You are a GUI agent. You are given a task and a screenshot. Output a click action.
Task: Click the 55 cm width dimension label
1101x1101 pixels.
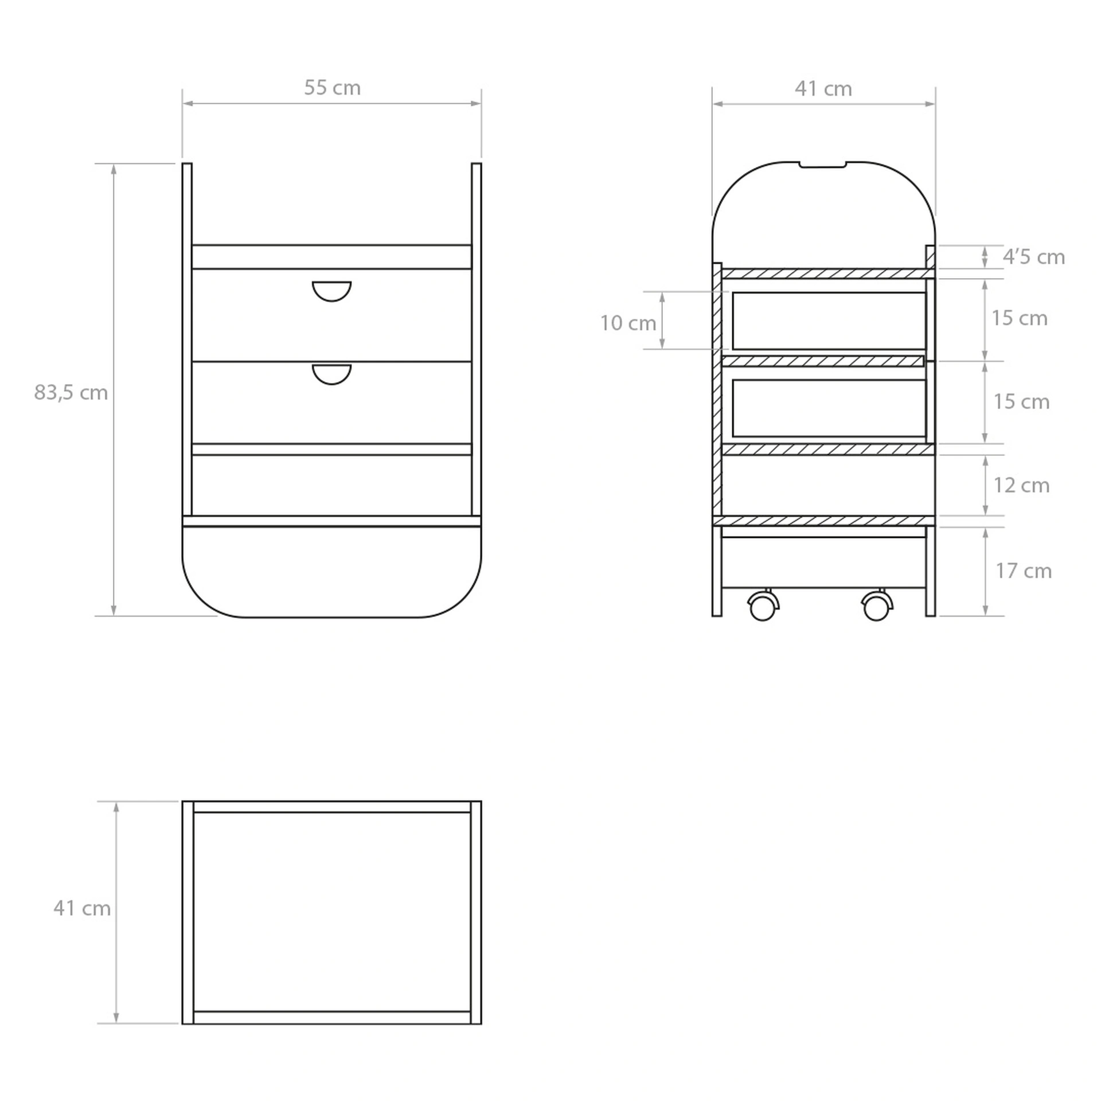click(x=332, y=88)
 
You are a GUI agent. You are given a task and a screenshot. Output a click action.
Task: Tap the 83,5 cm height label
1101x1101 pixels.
click(x=71, y=393)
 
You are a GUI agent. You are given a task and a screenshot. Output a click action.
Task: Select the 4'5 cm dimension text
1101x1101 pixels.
click(x=1033, y=257)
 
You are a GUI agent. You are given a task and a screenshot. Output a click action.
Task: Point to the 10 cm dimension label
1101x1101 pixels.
click(x=628, y=323)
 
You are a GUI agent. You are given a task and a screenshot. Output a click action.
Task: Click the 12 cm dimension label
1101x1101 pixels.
click(x=1021, y=486)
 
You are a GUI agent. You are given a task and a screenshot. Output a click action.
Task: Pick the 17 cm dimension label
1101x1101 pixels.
click(x=1024, y=571)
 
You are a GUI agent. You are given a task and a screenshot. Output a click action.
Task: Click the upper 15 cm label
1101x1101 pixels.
click(x=1020, y=318)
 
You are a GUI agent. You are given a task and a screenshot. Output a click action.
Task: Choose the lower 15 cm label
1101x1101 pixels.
click(x=1021, y=402)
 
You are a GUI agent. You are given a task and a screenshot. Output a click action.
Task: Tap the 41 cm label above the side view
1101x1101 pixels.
click(x=823, y=89)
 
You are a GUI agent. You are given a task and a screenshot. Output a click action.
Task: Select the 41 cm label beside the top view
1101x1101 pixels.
click(x=82, y=908)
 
